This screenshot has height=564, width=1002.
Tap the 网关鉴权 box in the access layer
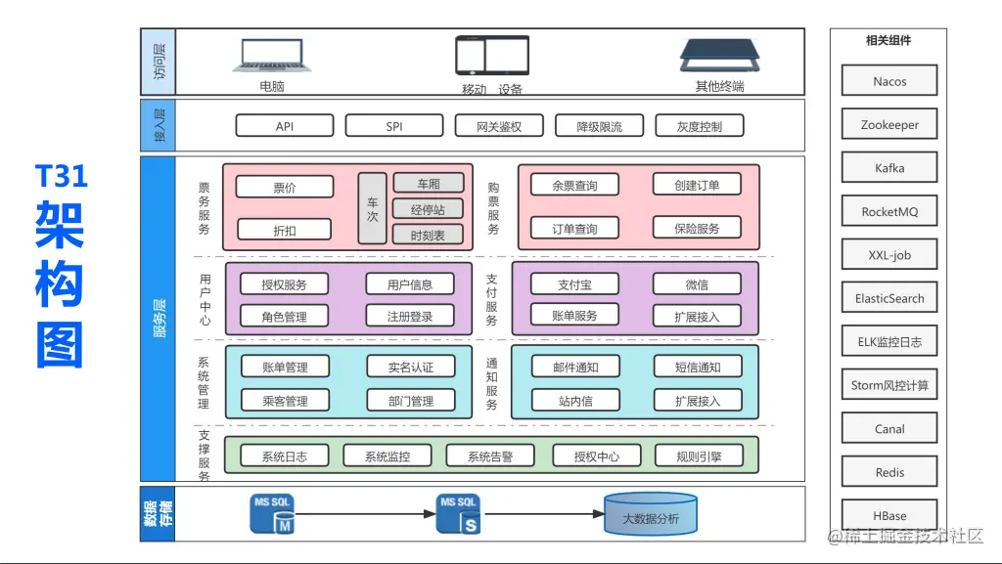coord(498,126)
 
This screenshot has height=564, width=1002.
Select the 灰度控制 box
coord(699,126)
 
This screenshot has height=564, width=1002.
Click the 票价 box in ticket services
coord(284,187)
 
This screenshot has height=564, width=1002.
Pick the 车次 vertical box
coord(372,208)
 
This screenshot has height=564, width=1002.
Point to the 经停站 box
coord(429,209)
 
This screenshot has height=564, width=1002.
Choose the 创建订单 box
coord(696,185)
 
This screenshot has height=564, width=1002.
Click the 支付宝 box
coord(574,284)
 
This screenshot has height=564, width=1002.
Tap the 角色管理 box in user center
coord(284,317)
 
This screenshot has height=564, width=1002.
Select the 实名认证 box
coord(410,368)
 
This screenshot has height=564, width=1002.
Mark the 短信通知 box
coord(697,368)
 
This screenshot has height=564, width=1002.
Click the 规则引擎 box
coord(699,456)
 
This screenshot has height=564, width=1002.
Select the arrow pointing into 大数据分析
coord(544,514)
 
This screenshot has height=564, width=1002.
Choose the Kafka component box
coord(889,168)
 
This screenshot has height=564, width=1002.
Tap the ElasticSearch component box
coord(889,298)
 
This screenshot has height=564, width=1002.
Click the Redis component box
coord(889,472)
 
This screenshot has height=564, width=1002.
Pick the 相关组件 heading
coord(888,40)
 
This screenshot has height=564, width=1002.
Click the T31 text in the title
coord(62,176)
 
